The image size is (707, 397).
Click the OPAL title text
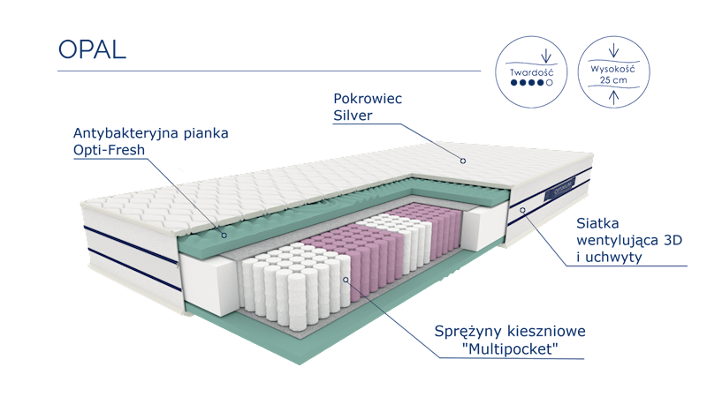click(x=92, y=49)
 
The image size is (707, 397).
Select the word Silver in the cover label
click(x=353, y=116)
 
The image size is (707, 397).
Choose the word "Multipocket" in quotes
click(x=513, y=349)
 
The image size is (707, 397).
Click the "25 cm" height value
click(x=614, y=79)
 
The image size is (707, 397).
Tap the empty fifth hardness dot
click(x=550, y=81)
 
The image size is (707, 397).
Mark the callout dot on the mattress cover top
click(x=462, y=161)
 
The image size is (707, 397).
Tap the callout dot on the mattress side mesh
click(x=522, y=210)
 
